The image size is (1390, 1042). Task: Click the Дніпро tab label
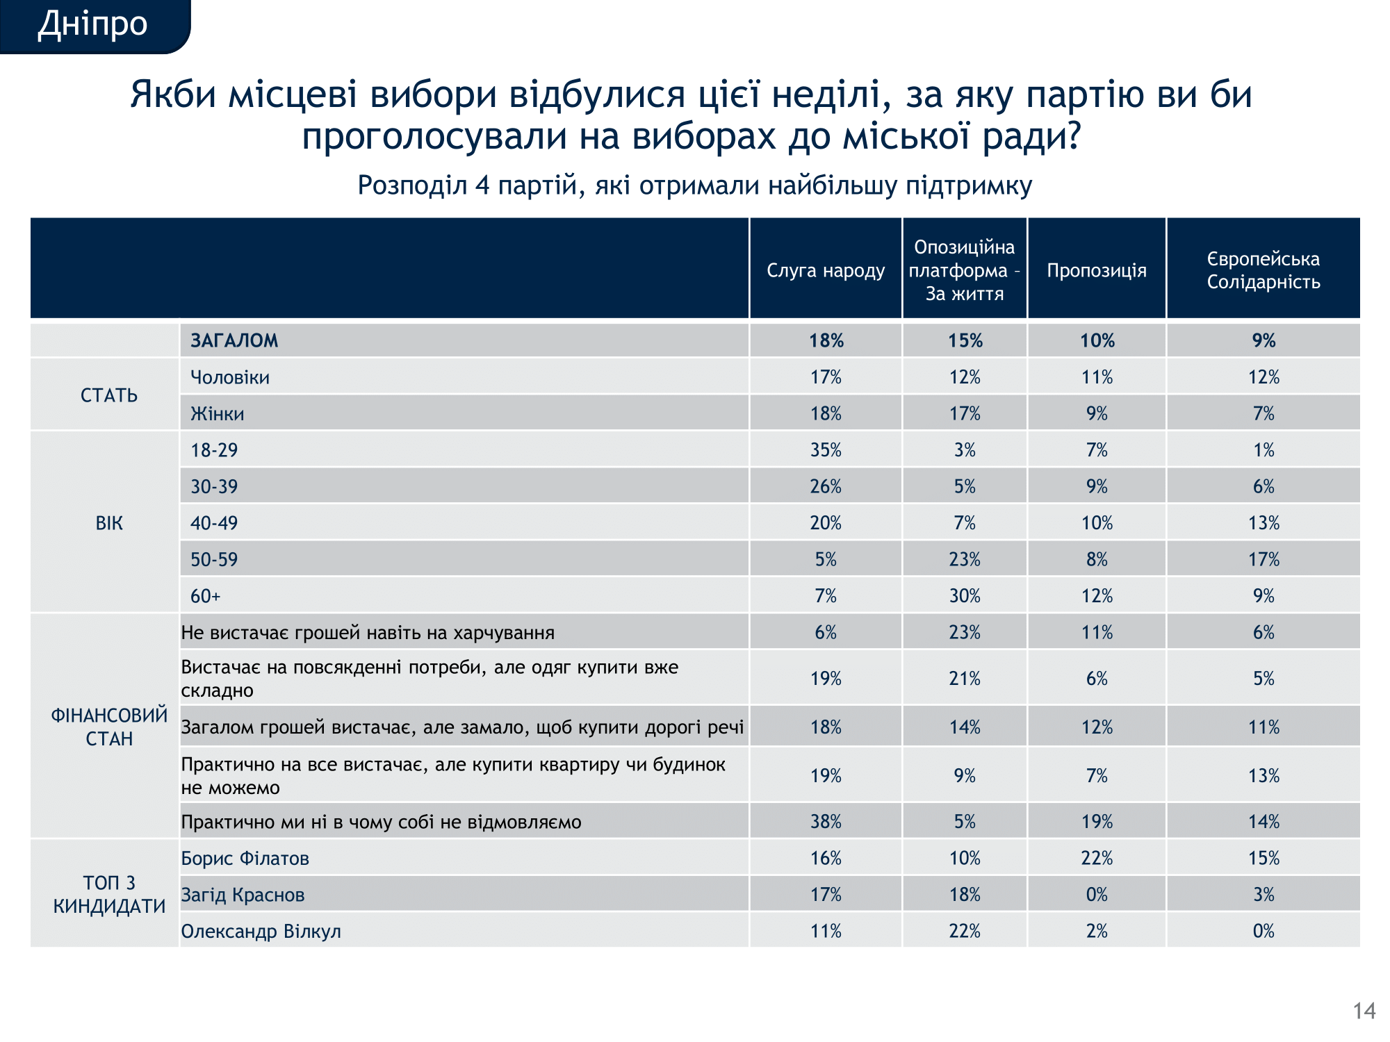92,24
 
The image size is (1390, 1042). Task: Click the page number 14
1364,1011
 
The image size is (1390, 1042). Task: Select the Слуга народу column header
826,270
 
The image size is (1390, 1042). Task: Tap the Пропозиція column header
1097,270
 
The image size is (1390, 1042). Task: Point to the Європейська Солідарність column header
1263,270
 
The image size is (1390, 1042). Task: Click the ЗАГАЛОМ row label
234,340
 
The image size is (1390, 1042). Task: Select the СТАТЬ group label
109,395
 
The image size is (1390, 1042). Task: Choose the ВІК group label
109,523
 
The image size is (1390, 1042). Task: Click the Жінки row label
218,414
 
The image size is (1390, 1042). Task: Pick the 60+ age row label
206,596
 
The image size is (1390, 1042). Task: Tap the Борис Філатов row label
245,859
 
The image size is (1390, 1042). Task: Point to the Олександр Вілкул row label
261,932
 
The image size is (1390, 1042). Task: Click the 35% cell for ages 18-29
826,450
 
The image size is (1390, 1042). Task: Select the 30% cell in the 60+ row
965,596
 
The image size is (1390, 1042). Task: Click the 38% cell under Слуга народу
826,822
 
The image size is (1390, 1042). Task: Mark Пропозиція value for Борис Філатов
1097,859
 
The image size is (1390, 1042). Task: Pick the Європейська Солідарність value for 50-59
1263,559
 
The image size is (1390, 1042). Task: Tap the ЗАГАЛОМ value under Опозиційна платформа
965,340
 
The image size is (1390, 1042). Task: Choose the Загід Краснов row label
243,895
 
